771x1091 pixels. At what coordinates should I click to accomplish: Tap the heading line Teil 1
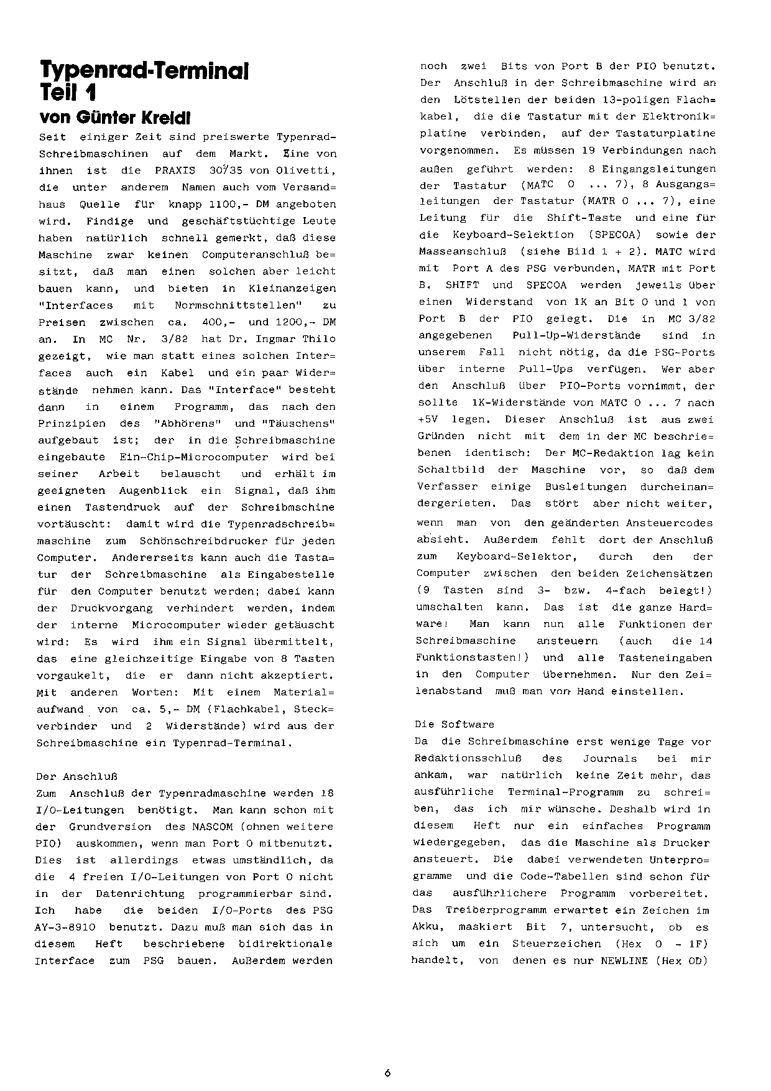point(67,93)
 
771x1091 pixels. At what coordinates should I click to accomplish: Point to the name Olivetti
point(307,170)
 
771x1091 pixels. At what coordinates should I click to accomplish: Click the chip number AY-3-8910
point(65,927)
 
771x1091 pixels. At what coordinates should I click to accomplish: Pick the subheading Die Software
point(455,725)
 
